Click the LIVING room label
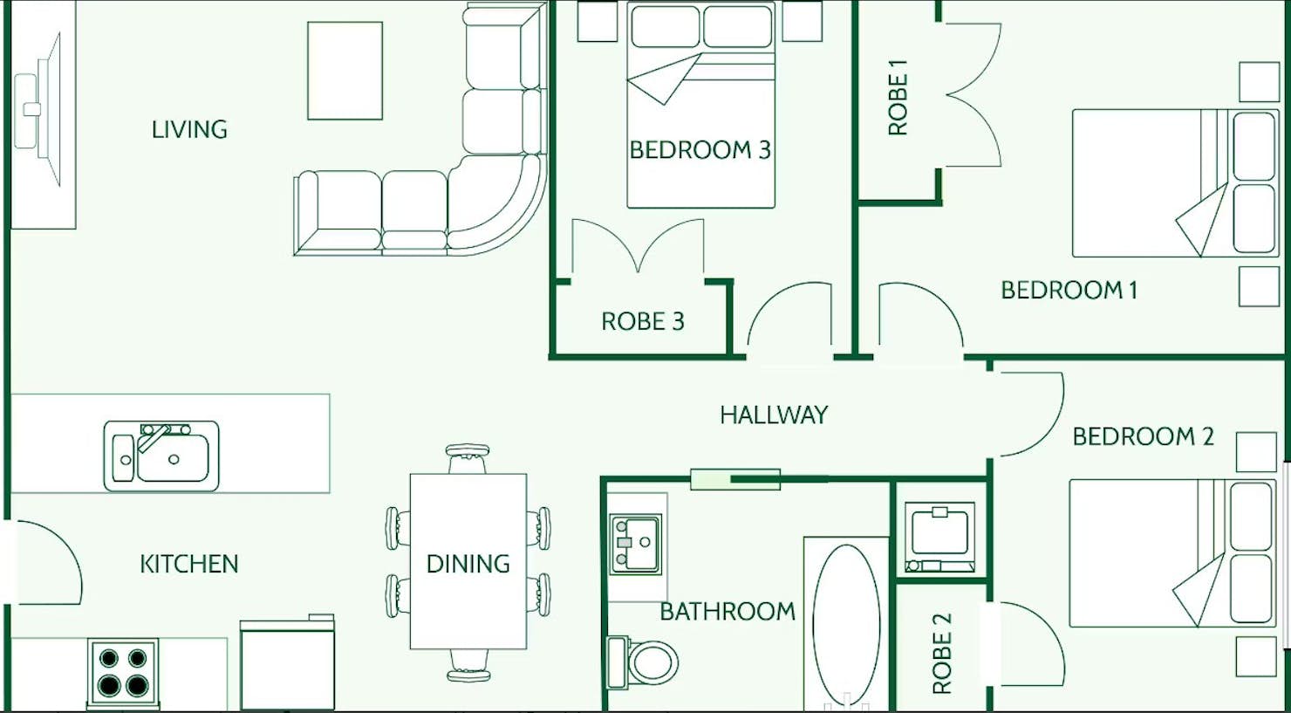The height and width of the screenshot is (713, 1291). pyautogui.click(x=189, y=130)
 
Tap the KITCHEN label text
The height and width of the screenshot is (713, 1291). pyautogui.click(x=189, y=565)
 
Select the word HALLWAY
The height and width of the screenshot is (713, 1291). pyautogui.click(x=774, y=415)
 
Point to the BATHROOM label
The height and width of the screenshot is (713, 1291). pyautogui.click(x=727, y=612)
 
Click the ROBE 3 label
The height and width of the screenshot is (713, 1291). pyautogui.click(x=643, y=322)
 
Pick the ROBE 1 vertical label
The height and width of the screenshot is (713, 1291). pyautogui.click(x=898, y=98)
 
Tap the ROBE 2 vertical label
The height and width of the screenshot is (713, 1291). pyautogui.click(x=942, y=654)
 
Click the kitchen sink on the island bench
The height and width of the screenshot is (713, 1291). pyautogui.click(x=161, y=456)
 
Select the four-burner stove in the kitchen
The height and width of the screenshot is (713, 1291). pyautogui.click(x=123, y=673)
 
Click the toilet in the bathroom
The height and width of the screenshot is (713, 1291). pyautogui.click(x=643, y=662)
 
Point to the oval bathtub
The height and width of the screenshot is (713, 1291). pyautogui.click(x=846, y=625)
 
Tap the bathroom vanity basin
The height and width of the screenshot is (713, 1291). pyautogui.click(x=636, y=544)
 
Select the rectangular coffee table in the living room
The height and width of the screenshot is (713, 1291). pyautogui.click(x=345, y=71)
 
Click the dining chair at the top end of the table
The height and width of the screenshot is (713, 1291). pyautogui.click(x=468, y=458)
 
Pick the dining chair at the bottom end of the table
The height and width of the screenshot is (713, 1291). pyautogui.click(x=468, y=666)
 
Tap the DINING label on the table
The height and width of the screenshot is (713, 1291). pyautogui.click(x=468, y=564)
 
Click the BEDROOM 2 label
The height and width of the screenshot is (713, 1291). pyautogui.click(x=1144, y=436)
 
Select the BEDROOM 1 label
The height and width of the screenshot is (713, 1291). pyautogui.click(x=1069, y=290)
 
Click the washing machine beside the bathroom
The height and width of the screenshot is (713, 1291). pyautogui.click(x=940, y=537)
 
